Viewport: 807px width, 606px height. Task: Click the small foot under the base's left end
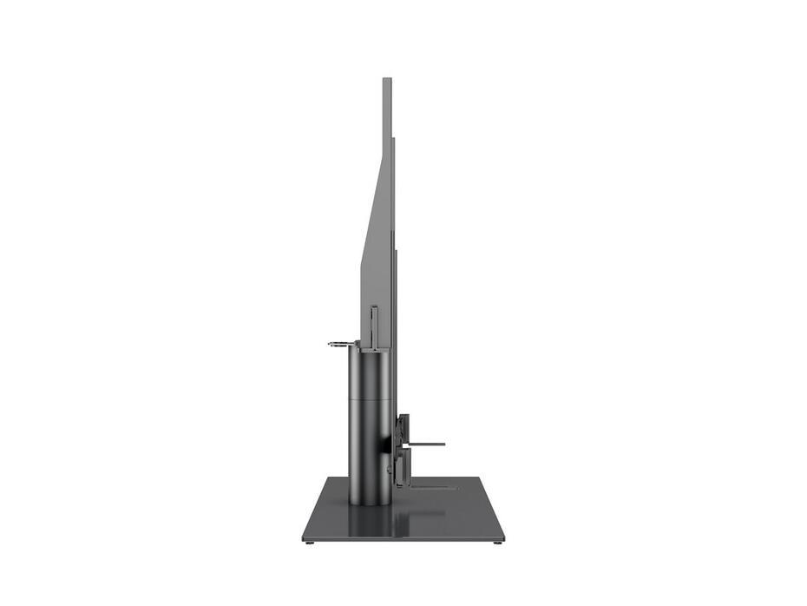pyautogui.click(x=310, y=543)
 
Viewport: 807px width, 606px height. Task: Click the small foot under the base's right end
pyautogui.click(x=497, y=543)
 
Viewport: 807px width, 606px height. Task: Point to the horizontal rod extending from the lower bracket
pyautogui.click(x=425, y=444)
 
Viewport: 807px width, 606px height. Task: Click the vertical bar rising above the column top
pyautogui.click(x=374, y=326)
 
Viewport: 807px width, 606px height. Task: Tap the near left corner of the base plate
pyautogui.click(x=305, y=538)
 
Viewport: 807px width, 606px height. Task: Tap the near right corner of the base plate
pyautogui.click(x=503, y=538)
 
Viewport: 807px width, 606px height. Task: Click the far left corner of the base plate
pyautogui.click(x=328, y=478)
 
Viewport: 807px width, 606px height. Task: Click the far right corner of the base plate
pyautogui.click(x=480, y=478)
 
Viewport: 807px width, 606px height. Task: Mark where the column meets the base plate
pyautogui.click(x=370, y=503)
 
